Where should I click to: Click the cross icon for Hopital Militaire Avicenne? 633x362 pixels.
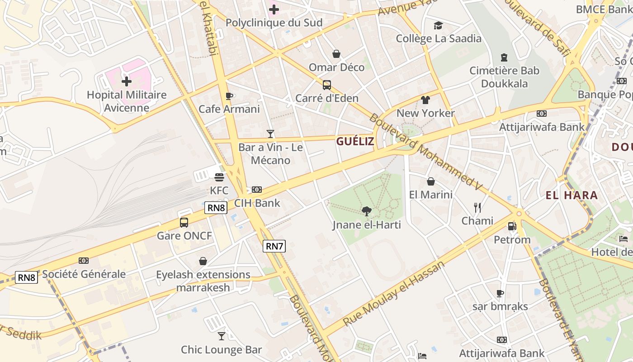click(x=127, y=81)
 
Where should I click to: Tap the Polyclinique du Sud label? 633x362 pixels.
click(x=274, y=23)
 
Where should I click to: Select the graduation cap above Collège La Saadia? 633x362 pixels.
click(x=438, y=25)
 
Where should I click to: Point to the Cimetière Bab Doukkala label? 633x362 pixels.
click(x=504, y=77)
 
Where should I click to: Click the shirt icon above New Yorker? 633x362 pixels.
click(x=425, y=100)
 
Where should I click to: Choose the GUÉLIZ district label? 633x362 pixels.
click(x=355, y=141)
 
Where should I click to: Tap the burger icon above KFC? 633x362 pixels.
click(x=219, y=177)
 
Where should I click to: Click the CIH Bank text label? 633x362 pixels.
click(x=257, y=203)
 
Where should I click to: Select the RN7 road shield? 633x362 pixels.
click(x=274, y=246)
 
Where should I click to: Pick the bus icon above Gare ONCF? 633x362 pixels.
click(x=184, y=223)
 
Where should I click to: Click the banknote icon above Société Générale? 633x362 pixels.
click(x=84, y=261)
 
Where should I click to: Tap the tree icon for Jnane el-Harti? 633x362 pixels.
click(x=367, y=211)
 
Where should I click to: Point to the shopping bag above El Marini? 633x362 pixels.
click(x=431, y=181)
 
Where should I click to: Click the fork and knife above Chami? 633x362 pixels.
click(x=477, y=208)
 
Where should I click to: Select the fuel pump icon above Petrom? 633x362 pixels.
click(x=512, y=226)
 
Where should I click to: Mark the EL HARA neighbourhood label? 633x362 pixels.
click(x=572, y=195)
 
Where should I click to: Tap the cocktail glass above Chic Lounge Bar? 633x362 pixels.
click(x=222, y=336)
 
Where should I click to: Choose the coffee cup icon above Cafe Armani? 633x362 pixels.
click(x=229, y=96)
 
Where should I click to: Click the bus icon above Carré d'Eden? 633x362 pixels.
click(x=326, y=85)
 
